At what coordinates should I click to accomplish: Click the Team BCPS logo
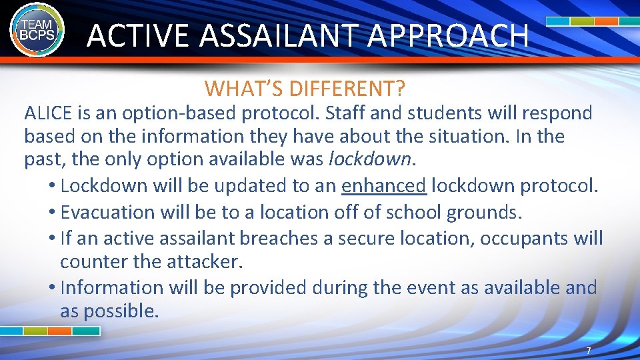(x=37, y=29)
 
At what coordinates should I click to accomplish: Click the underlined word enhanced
(x=383, y=186)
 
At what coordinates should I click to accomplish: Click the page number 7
(x=587, y=351)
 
